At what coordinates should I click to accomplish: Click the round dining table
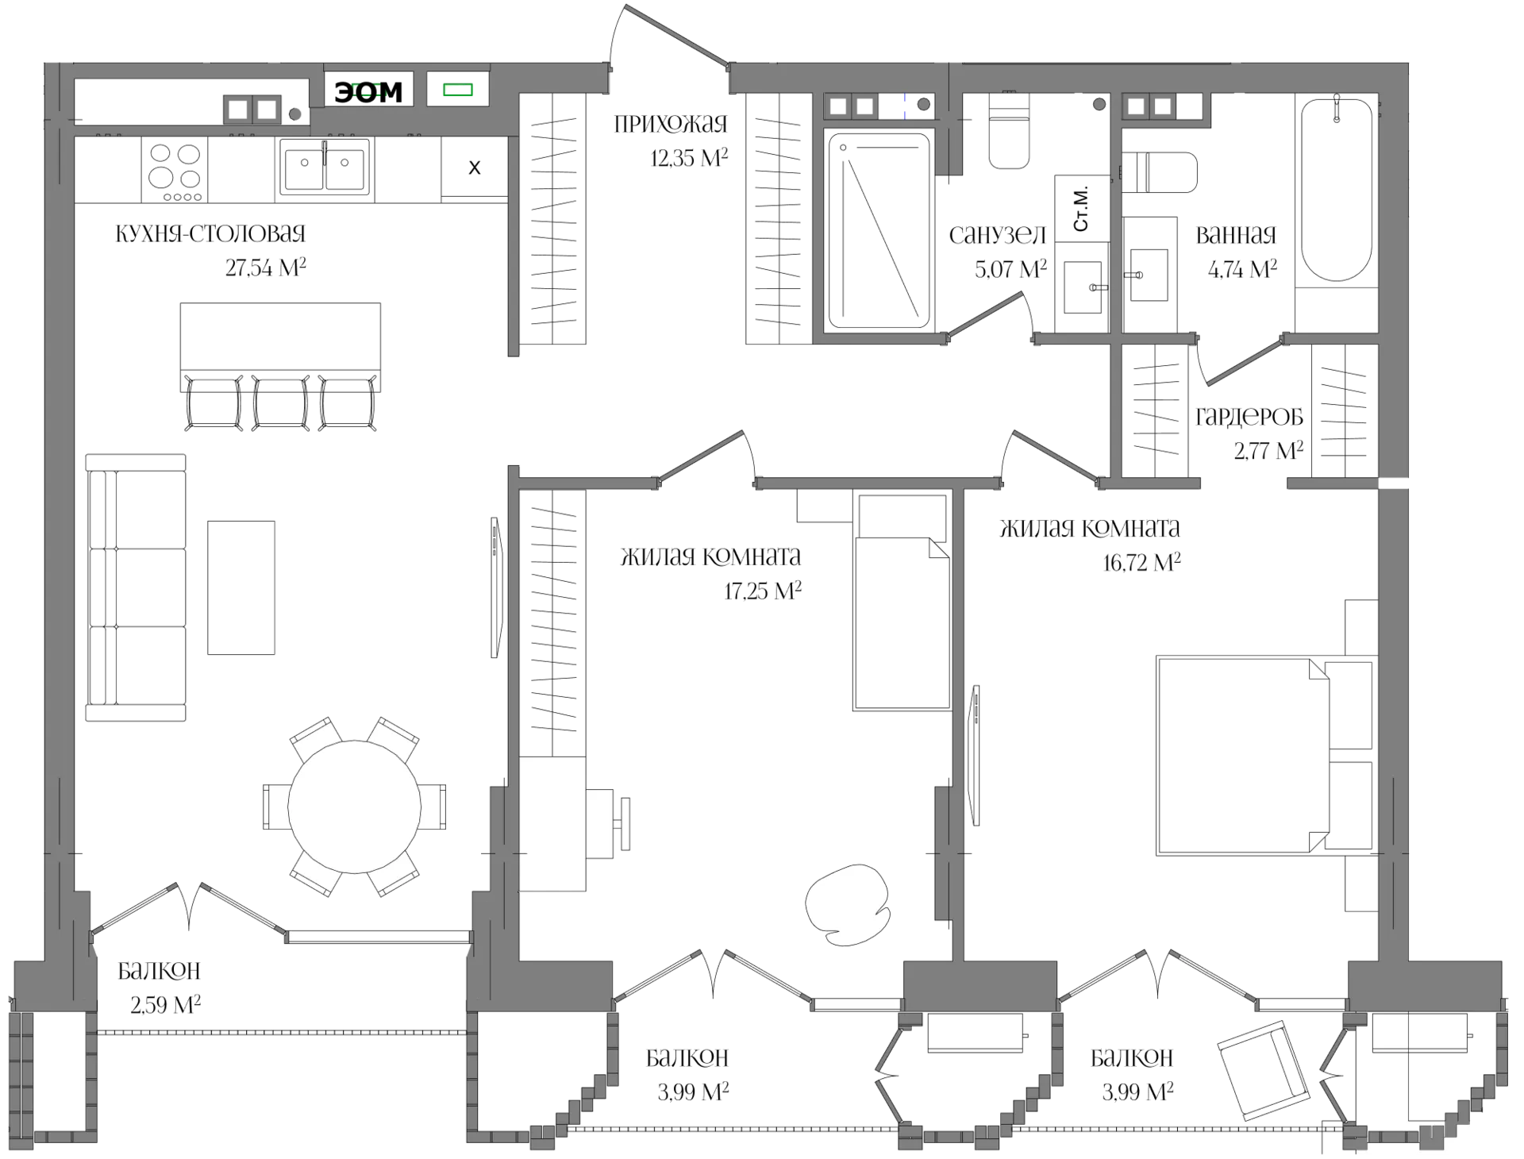[x=354, y=807]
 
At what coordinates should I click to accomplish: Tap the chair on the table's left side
[x=274, y=807]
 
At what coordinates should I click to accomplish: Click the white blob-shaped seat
[x=847, y=905]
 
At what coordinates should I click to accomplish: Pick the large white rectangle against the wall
[x=554, y=825]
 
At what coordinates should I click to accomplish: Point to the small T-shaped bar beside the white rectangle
[x=625, y=823]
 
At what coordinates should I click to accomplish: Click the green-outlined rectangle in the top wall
[x=458, y=90]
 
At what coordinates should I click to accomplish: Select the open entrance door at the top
[x=675, y=37]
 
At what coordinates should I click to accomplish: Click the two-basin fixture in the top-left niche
[x=252, y=109]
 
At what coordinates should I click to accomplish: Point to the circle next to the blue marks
[x=923, y=104]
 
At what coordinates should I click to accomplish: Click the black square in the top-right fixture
[x=1189, y=106]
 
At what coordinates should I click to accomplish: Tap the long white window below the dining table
[x=378, y=937]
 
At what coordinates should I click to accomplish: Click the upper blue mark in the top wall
[x=905, y=98]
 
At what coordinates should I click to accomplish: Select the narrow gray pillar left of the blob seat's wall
[x=943, y=853]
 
